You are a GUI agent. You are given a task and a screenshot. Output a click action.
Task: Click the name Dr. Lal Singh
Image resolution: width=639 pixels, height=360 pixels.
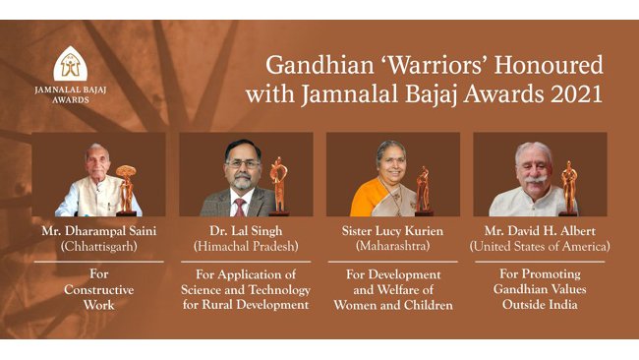pyautogui.click(x=246, y=230)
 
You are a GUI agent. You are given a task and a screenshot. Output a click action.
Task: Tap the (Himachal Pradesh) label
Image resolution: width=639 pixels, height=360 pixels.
pyautogui.click(x=246, y=246)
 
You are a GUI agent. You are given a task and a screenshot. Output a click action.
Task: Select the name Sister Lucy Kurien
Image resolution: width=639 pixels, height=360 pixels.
pyautogui.click(x=393, y=230)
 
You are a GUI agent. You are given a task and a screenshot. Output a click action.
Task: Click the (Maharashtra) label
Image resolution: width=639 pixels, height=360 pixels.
pyautogui.click(x=393, y=246)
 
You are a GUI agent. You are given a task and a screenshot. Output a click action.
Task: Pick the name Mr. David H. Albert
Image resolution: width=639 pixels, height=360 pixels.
pyautogui.click(x=541, y=230)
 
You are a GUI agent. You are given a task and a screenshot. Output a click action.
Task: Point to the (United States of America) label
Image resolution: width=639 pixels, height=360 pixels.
pyautogui.click(x=541, y=246)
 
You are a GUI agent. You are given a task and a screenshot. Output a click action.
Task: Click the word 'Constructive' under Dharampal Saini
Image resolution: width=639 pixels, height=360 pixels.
pyautogui.click(x=98, y=290)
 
